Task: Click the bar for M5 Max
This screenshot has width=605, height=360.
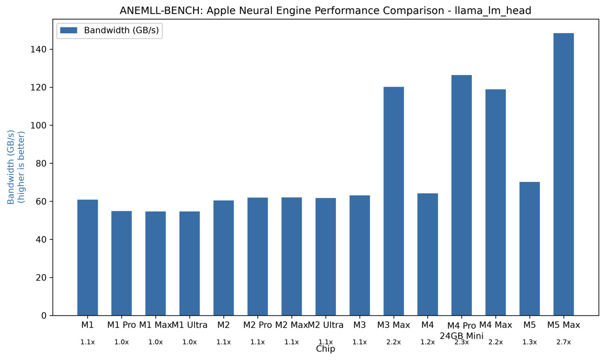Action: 564,174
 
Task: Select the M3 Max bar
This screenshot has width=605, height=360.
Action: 394,201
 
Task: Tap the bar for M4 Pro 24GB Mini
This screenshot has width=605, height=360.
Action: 462,195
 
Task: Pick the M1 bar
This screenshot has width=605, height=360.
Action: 87,258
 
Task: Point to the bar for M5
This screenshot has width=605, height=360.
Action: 530,249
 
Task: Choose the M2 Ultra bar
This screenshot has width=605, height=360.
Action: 326,257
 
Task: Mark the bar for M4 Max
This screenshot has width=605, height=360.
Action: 496,203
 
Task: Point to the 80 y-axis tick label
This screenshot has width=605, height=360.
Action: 41,163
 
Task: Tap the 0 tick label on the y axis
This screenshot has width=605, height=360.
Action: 44,316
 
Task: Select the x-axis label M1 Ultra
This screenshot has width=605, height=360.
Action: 189,325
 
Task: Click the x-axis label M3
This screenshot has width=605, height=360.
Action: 359,325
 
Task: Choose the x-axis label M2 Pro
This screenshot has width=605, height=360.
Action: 257,325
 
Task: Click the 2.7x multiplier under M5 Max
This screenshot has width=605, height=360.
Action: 564,342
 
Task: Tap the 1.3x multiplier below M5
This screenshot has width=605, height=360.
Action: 530,342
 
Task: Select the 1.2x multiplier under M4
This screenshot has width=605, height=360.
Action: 428,342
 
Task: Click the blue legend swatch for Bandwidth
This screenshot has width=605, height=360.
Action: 68,30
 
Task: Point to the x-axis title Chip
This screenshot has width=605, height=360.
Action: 325,349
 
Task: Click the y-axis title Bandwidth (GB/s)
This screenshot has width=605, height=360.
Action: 11,167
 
